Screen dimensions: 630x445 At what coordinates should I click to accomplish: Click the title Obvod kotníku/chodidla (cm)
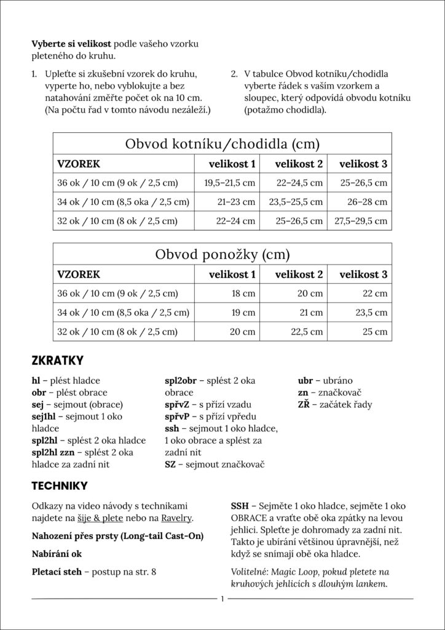coord(222,145)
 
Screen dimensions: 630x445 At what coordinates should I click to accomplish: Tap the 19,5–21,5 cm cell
coord(229,183)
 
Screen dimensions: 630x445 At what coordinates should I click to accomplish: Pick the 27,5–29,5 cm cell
coord(360,220)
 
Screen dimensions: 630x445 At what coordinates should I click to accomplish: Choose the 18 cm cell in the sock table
coord(243,293)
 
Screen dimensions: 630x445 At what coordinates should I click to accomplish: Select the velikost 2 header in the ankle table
coord(298,164)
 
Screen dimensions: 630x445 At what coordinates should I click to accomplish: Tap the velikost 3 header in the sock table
coord(363,274)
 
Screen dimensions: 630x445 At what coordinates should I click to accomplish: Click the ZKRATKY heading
coord(57,360)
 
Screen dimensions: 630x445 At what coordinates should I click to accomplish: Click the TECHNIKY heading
coord(60,486)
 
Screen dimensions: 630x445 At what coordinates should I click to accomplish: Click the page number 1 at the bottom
coord(222,599)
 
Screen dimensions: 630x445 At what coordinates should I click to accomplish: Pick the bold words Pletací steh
coord(56,572)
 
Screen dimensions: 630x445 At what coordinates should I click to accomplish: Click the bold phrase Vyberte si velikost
coord(71,45)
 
